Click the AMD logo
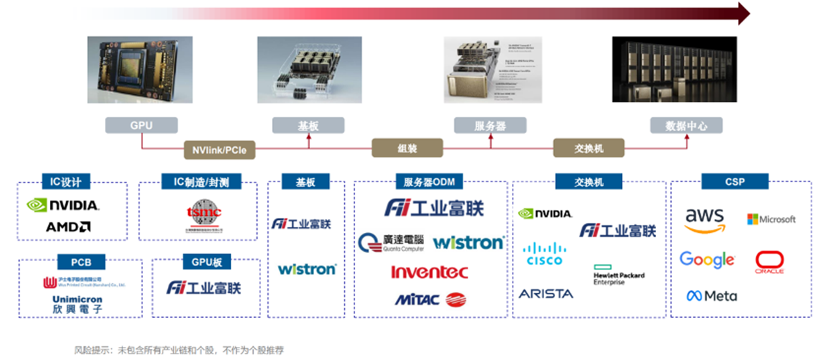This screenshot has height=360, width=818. tap(68, 227)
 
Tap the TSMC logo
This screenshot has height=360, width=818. tap(204, 216)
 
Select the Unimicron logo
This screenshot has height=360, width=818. tap(77, 304)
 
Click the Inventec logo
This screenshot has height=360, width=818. tap(429, 271)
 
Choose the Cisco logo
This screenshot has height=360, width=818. tap(544, 253)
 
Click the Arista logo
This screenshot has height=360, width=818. tap(545, 294)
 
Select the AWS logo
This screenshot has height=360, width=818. tap(705, 220)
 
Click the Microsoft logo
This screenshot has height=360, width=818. tap(771, 219)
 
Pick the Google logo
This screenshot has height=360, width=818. tap(707, 260)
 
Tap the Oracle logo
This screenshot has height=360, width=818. tap(769, 262)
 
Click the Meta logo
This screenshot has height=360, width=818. tap(711, 296)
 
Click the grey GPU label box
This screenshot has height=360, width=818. tap(141, 125)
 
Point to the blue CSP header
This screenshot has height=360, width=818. tap(735, 182)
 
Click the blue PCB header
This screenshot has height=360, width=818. tap(81, 262)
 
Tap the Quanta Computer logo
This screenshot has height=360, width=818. tap(391, 243)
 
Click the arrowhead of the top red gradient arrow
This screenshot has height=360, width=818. tap(744, 12)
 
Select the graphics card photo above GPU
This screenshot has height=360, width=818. tap(140, 69)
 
